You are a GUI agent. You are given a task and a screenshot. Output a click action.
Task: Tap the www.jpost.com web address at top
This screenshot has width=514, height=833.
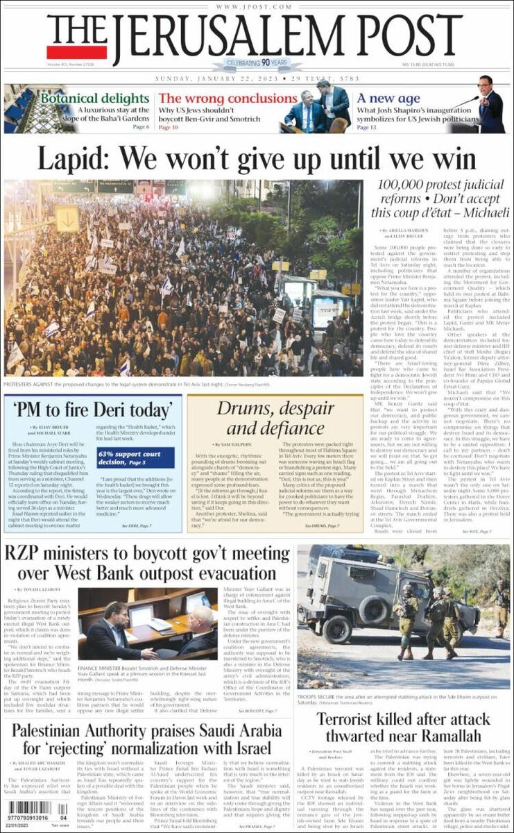[257, 6]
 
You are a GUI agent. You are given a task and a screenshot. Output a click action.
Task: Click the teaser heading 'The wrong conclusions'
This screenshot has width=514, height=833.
[219, 99]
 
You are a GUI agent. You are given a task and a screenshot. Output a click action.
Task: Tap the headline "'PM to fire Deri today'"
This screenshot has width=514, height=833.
[93, 409]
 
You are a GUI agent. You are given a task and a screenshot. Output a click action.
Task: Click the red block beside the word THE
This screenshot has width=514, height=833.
[77, 52]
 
